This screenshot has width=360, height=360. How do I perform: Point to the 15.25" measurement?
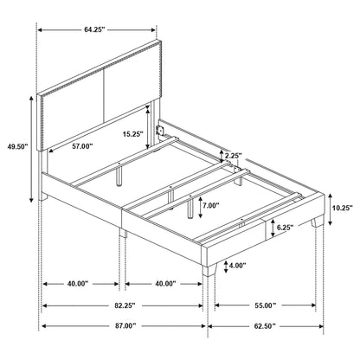[132, 134]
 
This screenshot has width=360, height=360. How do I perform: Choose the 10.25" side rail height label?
[342, 207]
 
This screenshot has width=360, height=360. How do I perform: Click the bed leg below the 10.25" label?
[320, 232]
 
